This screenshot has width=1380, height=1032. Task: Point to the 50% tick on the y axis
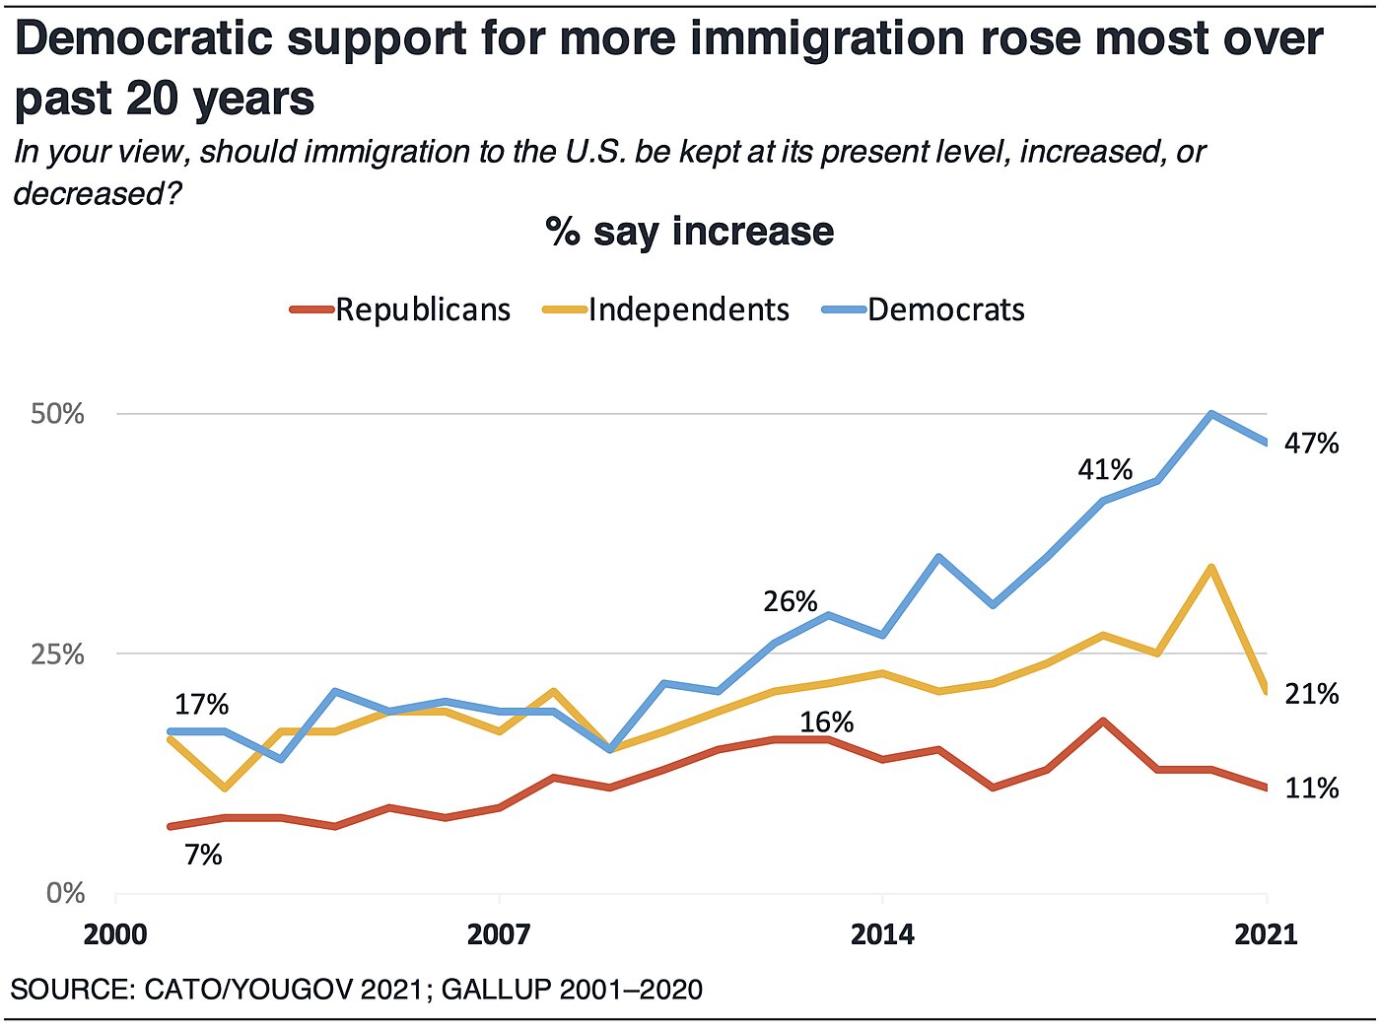[x=57, y=414]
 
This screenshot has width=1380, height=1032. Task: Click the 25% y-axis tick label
[x=57, y=654]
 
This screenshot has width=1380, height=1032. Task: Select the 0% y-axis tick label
[x=65, y=893]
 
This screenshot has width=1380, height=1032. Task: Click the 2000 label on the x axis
[x=115, y=934]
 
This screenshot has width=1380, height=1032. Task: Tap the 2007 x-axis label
[x=499, y=934]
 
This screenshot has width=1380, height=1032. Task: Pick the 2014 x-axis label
[x=882, y=934]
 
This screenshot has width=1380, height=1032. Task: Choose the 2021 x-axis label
[x=1266, y=934]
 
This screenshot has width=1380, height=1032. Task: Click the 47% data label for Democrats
[x=1311, y=444]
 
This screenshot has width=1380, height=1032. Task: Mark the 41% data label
[x=1105, y=469]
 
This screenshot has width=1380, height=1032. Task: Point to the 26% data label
[x=791, y=601]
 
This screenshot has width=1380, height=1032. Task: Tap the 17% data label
[x=201, y=705]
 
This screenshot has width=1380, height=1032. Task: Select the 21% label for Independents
[x=1311, y=695]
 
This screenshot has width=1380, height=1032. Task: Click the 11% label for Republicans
[x=1311, y=789]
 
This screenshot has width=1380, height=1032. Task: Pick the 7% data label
[x=203, y=856]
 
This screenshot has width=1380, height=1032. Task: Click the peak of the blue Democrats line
[x=1210, y=414]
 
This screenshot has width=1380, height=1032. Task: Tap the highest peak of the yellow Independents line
[x=1210, y=567]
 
